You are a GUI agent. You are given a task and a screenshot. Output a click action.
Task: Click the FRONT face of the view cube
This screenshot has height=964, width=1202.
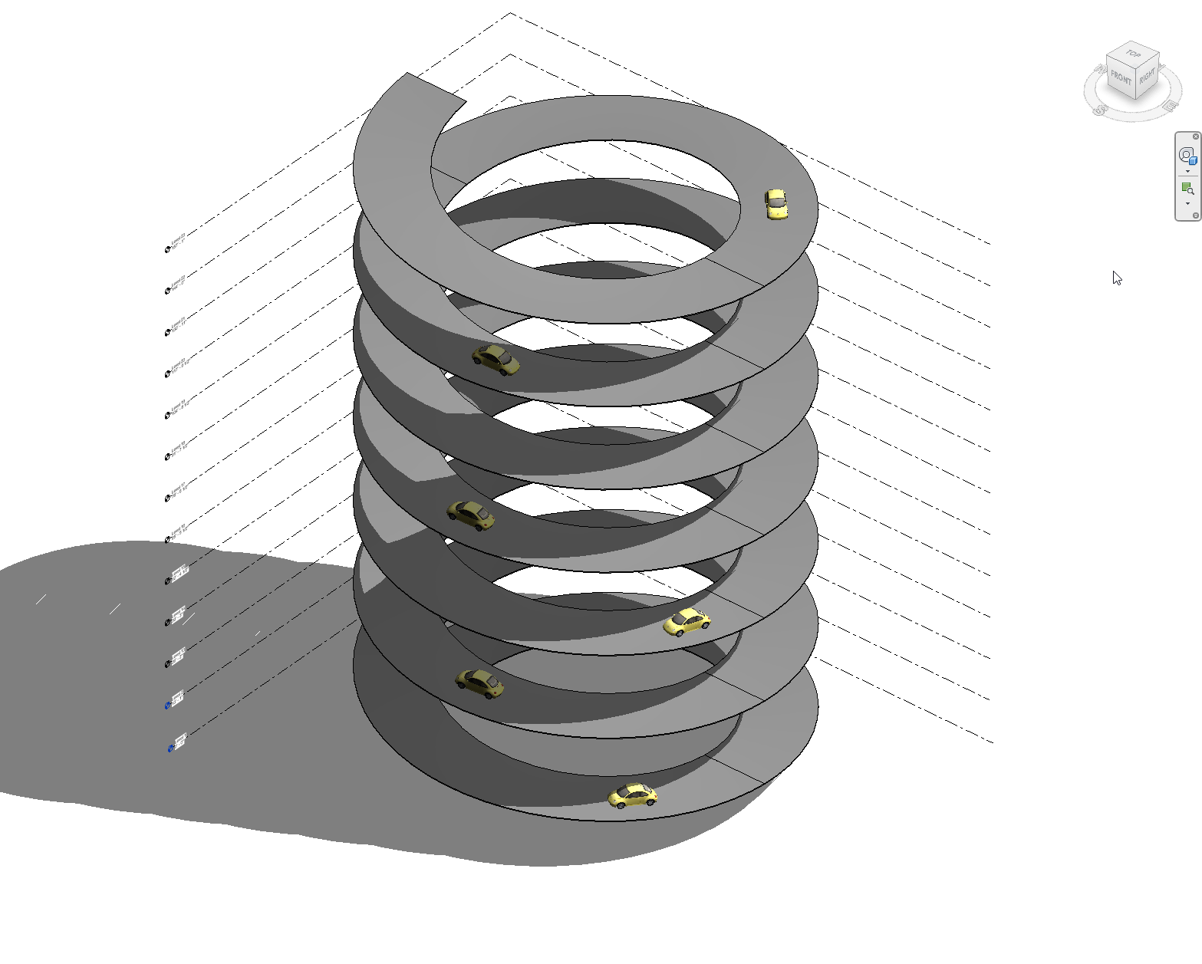click(1121, 78)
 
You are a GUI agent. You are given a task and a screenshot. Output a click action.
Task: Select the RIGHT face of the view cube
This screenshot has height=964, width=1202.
click(1147, 77)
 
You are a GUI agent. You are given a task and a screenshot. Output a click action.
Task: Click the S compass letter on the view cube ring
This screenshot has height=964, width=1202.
click(1101, 110)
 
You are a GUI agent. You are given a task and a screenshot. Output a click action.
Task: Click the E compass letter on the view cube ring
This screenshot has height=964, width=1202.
click(1170, 105)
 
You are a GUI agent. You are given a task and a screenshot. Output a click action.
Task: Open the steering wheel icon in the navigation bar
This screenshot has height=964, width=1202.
click(1187, 156)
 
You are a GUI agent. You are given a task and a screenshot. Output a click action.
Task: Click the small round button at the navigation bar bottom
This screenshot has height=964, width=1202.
click(1195, 216)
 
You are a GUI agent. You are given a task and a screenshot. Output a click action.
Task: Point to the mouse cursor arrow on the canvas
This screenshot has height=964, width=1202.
click(1116, 277)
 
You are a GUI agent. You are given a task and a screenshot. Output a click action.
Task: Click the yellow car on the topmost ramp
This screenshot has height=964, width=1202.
click(776, 205)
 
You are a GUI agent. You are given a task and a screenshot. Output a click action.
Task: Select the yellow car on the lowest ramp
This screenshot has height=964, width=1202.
click(633, 796)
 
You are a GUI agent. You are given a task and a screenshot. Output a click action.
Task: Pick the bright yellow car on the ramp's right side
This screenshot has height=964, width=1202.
click(687, 622)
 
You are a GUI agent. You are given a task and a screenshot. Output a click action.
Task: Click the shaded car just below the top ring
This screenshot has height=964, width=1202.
click(496, 360)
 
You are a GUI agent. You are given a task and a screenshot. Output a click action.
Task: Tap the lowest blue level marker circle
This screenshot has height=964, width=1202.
click(170, 748)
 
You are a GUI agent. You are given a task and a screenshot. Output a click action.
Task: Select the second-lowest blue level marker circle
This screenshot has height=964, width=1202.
click(167, 706)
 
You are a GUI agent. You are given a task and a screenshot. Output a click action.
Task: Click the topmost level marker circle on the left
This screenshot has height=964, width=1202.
click(167, 250)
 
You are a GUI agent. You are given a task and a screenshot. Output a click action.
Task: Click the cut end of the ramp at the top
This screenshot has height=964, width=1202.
click(436, 87)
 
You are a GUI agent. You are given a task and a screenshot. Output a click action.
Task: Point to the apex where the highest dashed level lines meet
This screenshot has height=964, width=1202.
click(511, 13)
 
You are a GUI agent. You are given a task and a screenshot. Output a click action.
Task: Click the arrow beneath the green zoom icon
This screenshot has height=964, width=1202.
click(1187, 204)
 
